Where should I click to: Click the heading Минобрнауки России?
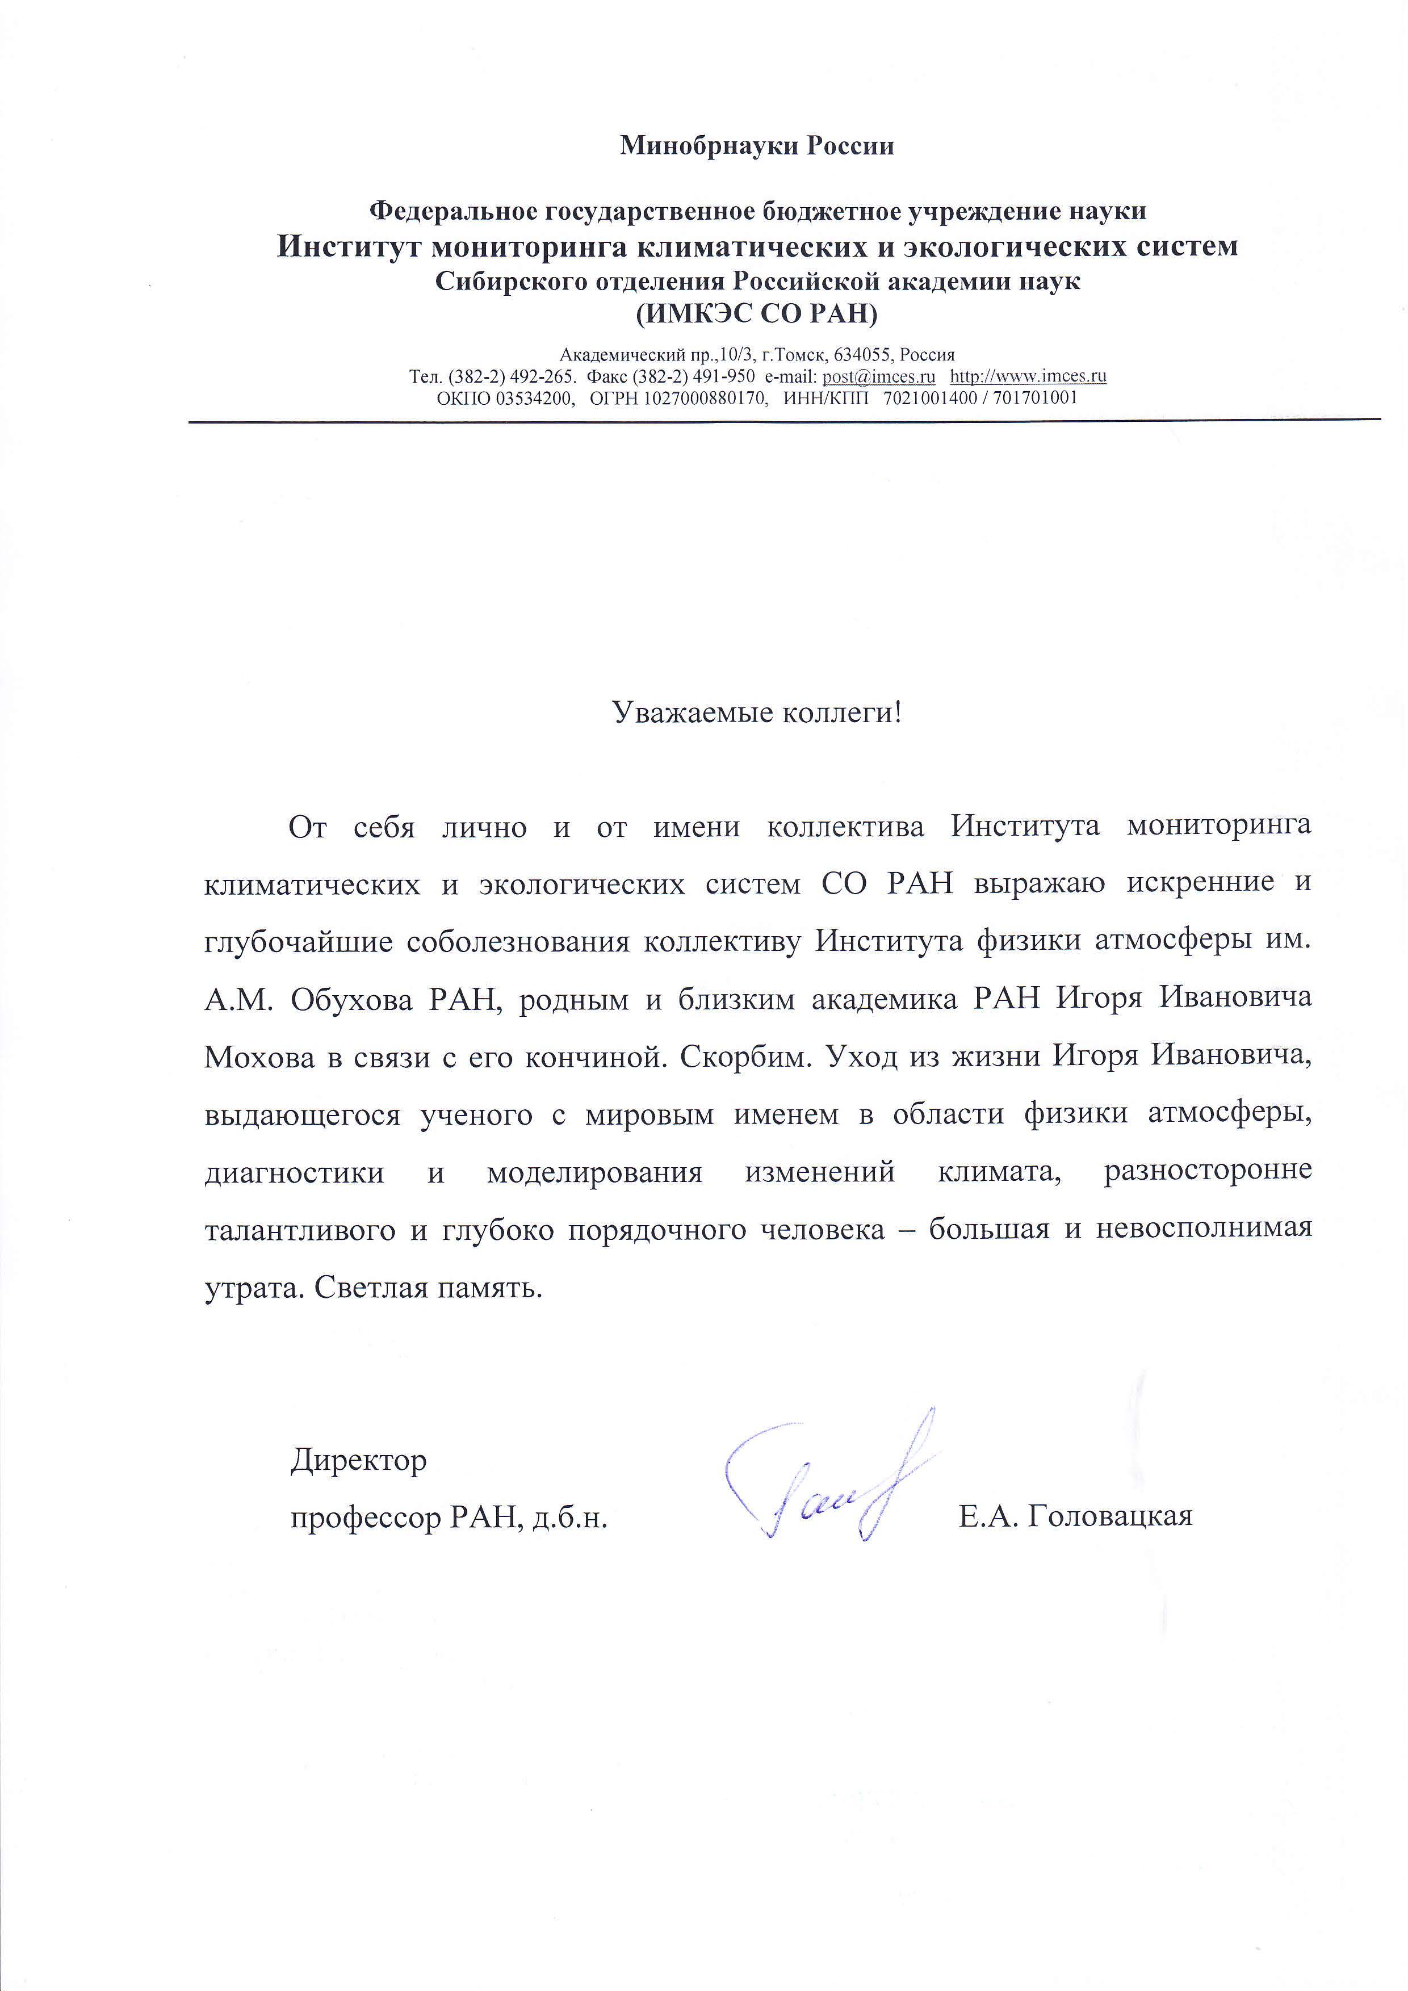pos(756,146)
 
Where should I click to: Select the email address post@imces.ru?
pos(878,376)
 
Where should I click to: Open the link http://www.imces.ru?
pos(1028,376)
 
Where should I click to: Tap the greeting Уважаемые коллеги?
pos(757,713)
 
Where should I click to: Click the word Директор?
pos(358,1460)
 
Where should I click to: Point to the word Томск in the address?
pos(804,355)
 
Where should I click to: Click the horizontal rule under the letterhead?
pos(785,421)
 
